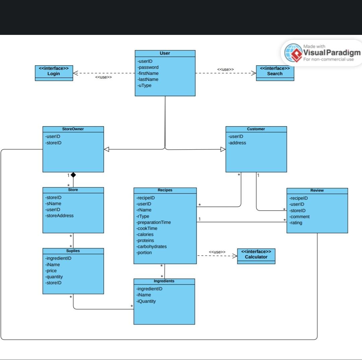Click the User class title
pos(165,53)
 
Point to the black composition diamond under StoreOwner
pos(73,175)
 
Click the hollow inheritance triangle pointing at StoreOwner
pos(107,149)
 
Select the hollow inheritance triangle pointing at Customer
pos(223,149)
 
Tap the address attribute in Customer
pos(237,143)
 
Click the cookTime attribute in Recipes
pos(147,228)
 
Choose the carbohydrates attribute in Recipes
pos(152,247)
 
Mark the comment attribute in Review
pos(300,217)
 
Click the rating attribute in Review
pos(296,223)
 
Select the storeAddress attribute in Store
pos(60,216)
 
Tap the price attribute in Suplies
pos(51,271)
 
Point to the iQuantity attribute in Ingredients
pos(146,301)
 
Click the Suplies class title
pos(73,251)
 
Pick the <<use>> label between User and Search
pos(226,69)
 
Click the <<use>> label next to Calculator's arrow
pos(217,252)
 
